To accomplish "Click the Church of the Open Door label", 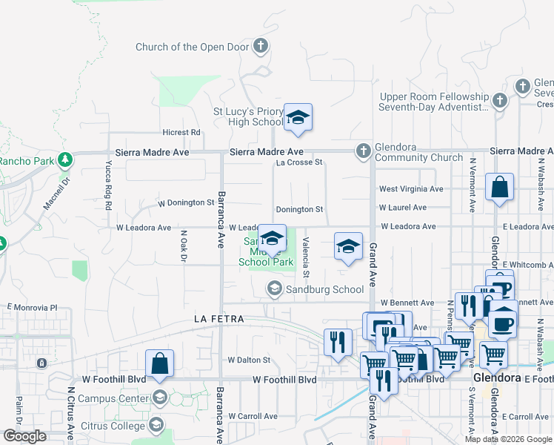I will [193, 47].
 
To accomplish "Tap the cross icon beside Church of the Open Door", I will [260, 47].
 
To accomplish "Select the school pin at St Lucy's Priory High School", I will [298, 118].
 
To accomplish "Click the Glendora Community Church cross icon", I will [363, 151].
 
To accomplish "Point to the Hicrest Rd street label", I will [181, 132].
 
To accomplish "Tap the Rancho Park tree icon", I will [65, 159].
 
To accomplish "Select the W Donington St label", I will [185, 202].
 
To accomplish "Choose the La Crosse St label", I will [299, 162].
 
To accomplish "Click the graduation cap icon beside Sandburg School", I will [275, 289].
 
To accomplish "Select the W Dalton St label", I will [249, 360].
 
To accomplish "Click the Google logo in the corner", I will [24, 436].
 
